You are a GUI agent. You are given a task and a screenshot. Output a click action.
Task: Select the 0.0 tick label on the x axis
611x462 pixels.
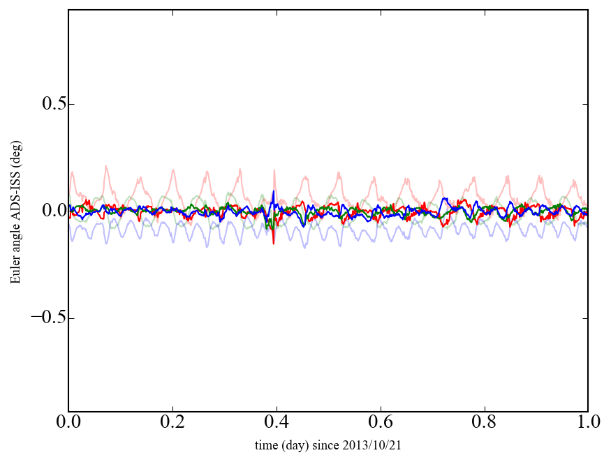[68, 422]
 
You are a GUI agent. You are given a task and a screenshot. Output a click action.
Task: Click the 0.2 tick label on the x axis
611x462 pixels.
[172, 422]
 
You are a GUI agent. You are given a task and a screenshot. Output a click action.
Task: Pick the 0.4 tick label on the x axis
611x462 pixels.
[276, 422]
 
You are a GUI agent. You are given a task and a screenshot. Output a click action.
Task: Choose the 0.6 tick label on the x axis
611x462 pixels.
[380, 422]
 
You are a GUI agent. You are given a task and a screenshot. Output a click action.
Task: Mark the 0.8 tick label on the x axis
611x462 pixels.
[484, 422]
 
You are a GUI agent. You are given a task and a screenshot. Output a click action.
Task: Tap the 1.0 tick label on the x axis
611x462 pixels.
[587, 422]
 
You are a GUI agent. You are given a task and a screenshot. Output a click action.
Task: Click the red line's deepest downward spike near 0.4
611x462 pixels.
[273, 243]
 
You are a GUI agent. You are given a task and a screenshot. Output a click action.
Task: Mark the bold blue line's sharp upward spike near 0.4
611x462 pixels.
[273, 191]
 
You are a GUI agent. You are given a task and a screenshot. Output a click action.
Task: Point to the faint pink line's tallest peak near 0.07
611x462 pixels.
[105, 166]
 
